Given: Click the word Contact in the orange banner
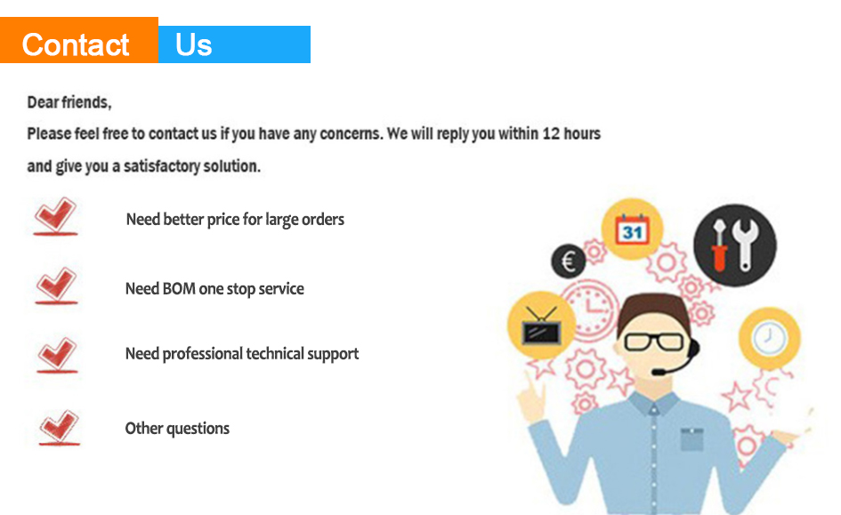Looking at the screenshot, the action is [75, 44].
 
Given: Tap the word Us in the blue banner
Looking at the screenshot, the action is [194, 45].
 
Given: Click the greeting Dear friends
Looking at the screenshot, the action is [69, 101].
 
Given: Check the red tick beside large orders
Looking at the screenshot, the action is [55, 216].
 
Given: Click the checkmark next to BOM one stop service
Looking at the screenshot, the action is [56, 286].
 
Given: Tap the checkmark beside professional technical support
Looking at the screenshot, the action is [57, 355].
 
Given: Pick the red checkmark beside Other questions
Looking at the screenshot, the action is [59, 428].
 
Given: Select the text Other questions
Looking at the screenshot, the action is [177, 429].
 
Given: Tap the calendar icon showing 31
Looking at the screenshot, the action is [633, 229].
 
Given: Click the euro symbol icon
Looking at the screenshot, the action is [569, 261].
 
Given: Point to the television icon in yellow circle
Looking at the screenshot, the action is [541, 326].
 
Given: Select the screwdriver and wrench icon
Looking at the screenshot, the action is [735, 245].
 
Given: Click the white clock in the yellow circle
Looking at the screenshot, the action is [770, 338].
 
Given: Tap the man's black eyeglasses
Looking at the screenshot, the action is [654, 342].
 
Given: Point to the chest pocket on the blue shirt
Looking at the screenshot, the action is [691, 439].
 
